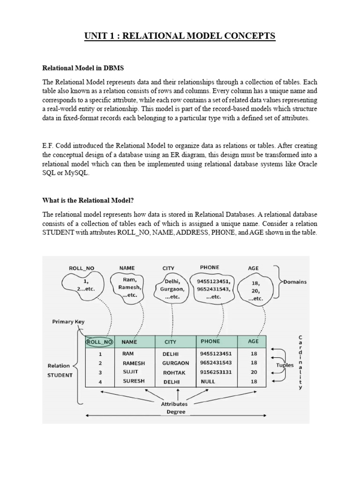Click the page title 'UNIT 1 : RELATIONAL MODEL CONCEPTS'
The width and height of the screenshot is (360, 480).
click(180, 36)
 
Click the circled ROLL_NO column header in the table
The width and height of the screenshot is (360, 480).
click(99, 342)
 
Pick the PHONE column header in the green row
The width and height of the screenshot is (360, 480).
click(210, 341)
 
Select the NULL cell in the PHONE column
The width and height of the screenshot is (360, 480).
click(208, 382)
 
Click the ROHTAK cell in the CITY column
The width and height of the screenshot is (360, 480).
click(174, 373)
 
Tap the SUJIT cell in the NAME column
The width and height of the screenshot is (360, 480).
click(130, 372)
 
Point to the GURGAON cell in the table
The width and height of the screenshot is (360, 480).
click(176, 363)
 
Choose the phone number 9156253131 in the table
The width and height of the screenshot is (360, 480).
click(215, 372)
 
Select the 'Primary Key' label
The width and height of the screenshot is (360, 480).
click(69, 322)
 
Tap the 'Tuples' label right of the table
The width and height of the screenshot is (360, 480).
click(285, 365)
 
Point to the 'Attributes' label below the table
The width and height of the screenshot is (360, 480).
click(174, 404)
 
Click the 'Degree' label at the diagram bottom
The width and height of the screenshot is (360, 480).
click(176, 412)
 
